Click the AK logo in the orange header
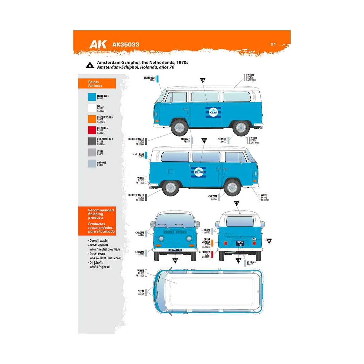tap(98, 44)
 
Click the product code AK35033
tap(126, 45)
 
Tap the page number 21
tap(273, 44)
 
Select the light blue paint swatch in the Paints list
tap(92, 97)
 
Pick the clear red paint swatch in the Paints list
tap(92, 130)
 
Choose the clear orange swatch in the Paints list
tap(92, 119)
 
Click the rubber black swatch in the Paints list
tap(92, 141)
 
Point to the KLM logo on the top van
tap(213, 112)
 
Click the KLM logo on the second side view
tap(199, 172)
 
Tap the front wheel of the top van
tap(179, 127)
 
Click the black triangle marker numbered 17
tap(237, 203)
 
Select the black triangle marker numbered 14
tap(175, 260)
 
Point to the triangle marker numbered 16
tap(269, 241)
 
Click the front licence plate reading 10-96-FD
tap(175, 250)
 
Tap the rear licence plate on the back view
tap(240, 244)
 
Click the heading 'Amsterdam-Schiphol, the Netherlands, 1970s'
tap(143, 62)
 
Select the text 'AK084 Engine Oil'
tap(100, 267)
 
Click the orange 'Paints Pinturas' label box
tap(97, 84)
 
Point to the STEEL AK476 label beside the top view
tap(141, 292)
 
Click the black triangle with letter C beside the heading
tap(90, 65)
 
